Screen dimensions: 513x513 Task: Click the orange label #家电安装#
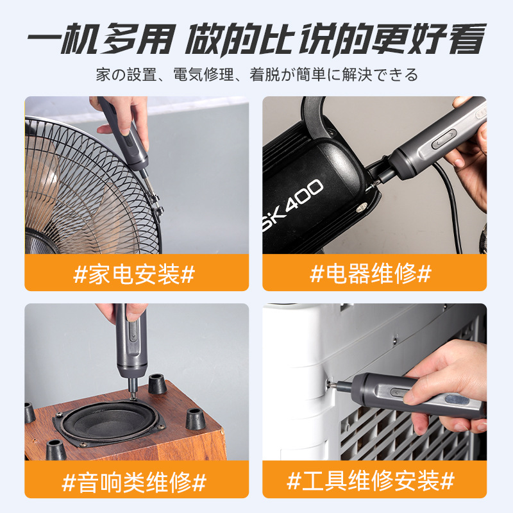(137, 273)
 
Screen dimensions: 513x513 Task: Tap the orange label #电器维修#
(374, 273)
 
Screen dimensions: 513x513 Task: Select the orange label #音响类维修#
(137, 479)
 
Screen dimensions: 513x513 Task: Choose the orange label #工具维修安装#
(374, 479)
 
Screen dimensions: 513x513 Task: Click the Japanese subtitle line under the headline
(257, 74)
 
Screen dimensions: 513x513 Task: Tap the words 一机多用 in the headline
(101, 38)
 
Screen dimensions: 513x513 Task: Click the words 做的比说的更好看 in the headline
(335, 38)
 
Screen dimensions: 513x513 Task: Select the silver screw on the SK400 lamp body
(362, 207)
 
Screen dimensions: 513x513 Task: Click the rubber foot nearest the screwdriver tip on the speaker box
(156, 383)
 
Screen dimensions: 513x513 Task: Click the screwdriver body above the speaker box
(131, 347)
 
